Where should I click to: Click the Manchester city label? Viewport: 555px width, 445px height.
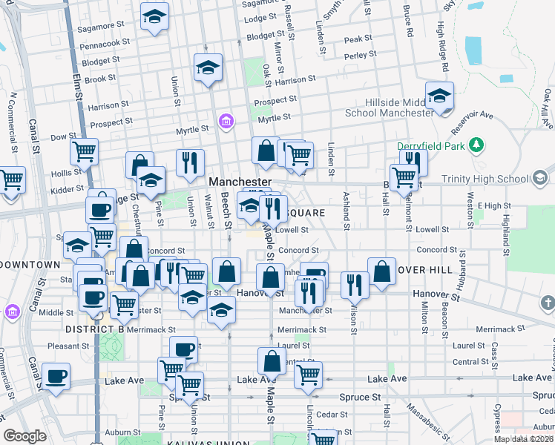point(240,182)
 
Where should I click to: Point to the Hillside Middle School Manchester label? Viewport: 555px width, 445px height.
point(390,108)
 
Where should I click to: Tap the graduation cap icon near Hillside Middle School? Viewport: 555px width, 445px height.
point(440,97)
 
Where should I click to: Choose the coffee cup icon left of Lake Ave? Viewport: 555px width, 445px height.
point(56,377)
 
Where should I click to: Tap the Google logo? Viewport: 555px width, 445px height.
point(24,436)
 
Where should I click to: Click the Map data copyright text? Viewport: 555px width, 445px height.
point(523,439)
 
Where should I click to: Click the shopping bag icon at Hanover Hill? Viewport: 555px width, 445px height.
point(382,272)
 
